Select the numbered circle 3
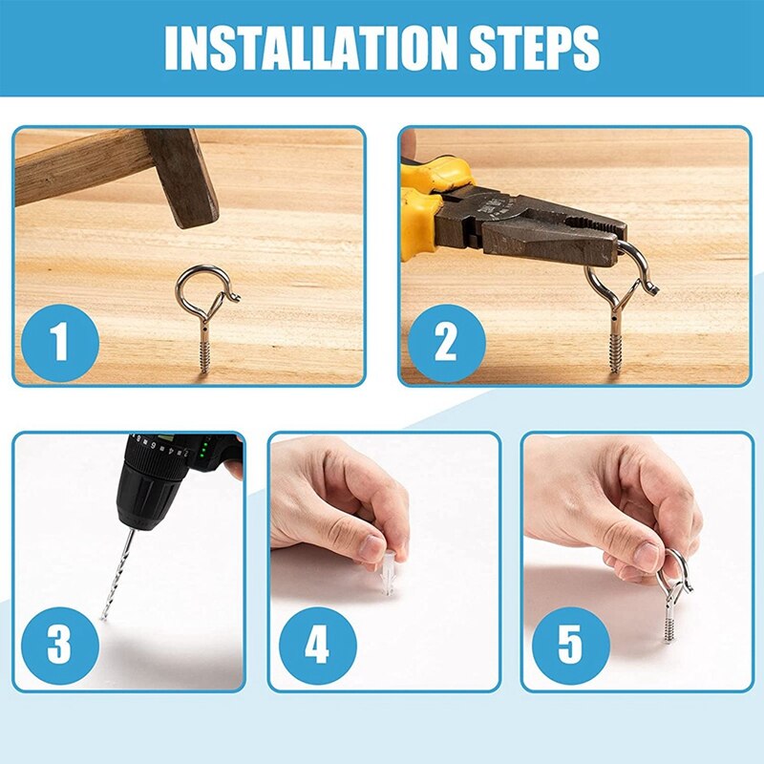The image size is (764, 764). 59,646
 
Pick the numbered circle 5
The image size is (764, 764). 570,646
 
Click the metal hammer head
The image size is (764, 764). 181,177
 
